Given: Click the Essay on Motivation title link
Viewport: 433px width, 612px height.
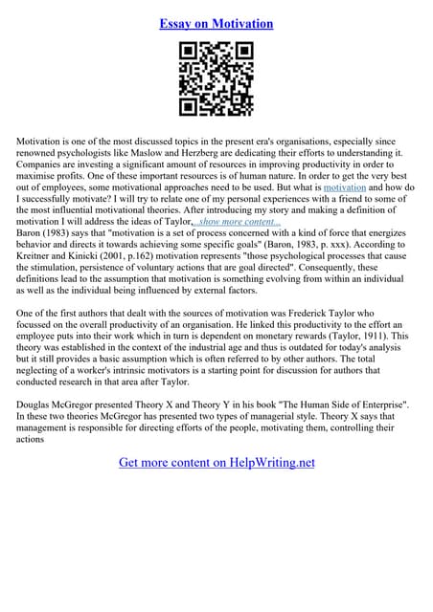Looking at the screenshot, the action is point(216,23).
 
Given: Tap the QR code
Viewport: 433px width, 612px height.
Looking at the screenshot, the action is point(216,82).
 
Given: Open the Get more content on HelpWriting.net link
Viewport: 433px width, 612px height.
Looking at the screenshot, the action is point(216,463).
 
